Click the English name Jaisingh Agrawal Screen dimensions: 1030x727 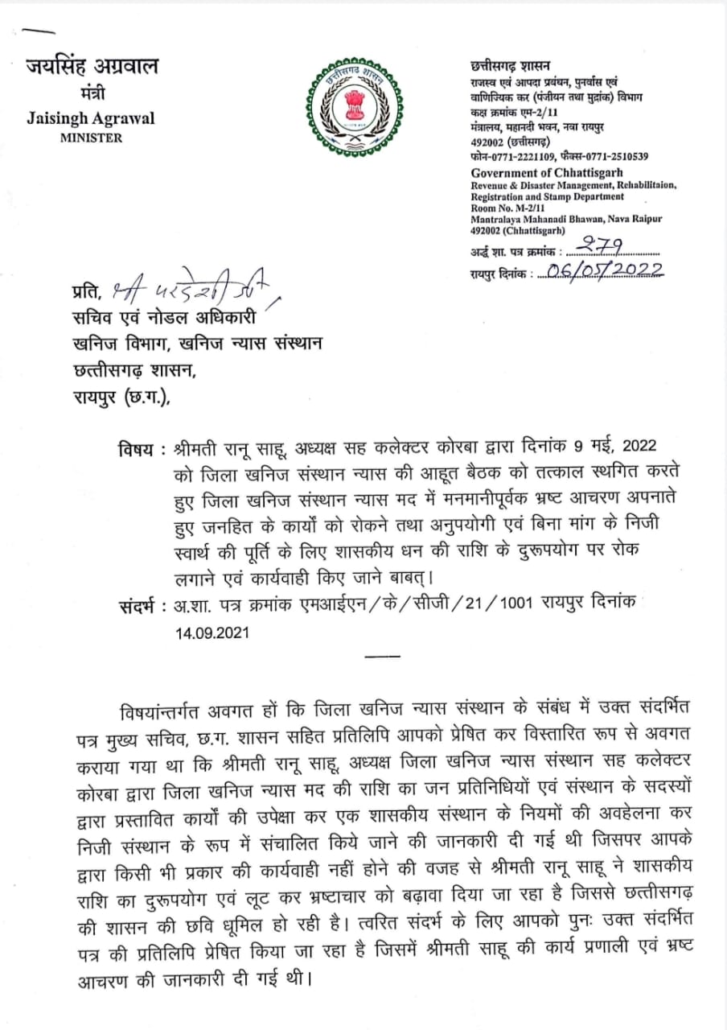(x=91, y=118)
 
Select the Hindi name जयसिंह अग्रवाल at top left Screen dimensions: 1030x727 (x=91, y=67)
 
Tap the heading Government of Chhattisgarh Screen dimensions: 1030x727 (x=547, y=173)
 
